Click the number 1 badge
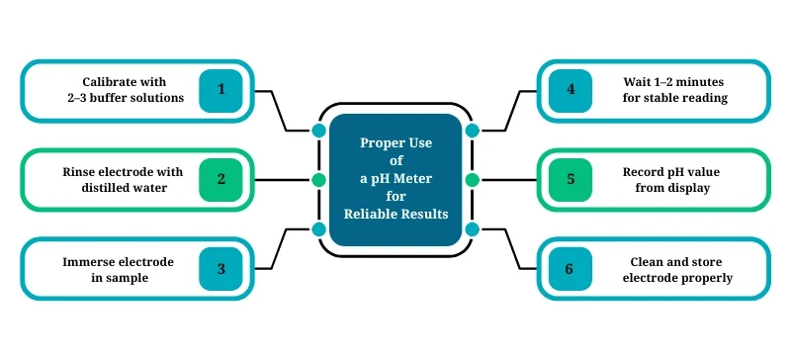click(x=221, y=90)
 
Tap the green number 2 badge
click(x=221, y=179)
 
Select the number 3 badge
click(x=221, y=268)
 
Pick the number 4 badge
click(x=571, y=90)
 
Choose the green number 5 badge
click(x=571, y=179)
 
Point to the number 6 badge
click(x=571, y=268)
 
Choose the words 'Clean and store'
click(x=677, y=261)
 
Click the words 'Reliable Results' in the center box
click(x=395, y=214)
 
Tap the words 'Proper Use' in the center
click(x=395, y=142)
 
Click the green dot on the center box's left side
click(x=318, y=180)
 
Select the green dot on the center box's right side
click(x=472, y=180)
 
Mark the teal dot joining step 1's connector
click(x=318, y=131)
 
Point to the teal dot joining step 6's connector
click(x=472, y=229)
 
